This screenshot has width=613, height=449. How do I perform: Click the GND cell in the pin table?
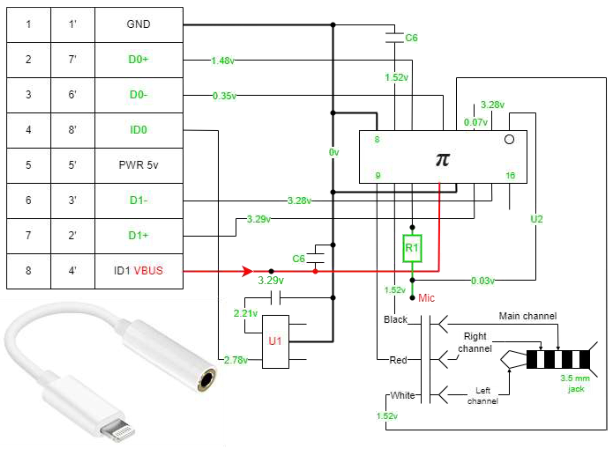pyautogui.click(x=139, y=24)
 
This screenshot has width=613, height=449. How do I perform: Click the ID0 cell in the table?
pyautogui.click(x=139, y=130)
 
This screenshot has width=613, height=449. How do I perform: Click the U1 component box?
pyautogui.click(x=275, y=341)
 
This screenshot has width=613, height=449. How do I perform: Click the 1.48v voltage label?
pyautogui.click(x=223, y=61)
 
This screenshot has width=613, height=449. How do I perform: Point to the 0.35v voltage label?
pyautogui.click(x=224, y=96)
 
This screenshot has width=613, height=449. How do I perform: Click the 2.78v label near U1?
pyautogui.click(x=236, y=360)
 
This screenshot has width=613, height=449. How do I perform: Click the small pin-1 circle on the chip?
pyautogui.click(x=509, y=139)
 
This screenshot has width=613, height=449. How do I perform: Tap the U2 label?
pyautogui.click(x=536, y=219)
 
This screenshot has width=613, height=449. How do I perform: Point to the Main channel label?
pyautogui.click(x=527, y=316)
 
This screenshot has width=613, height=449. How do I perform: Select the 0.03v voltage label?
pyautogui.click(x=483, y=281)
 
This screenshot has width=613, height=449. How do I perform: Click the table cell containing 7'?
pyautogui.click(x=72, y=60)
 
